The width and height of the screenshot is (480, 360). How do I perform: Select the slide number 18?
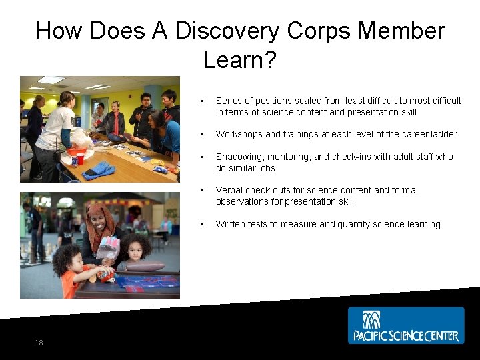(39, 343)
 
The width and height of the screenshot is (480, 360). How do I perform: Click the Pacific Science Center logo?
(405, 325)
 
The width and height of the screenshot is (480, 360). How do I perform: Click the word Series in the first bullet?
(229, 101)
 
